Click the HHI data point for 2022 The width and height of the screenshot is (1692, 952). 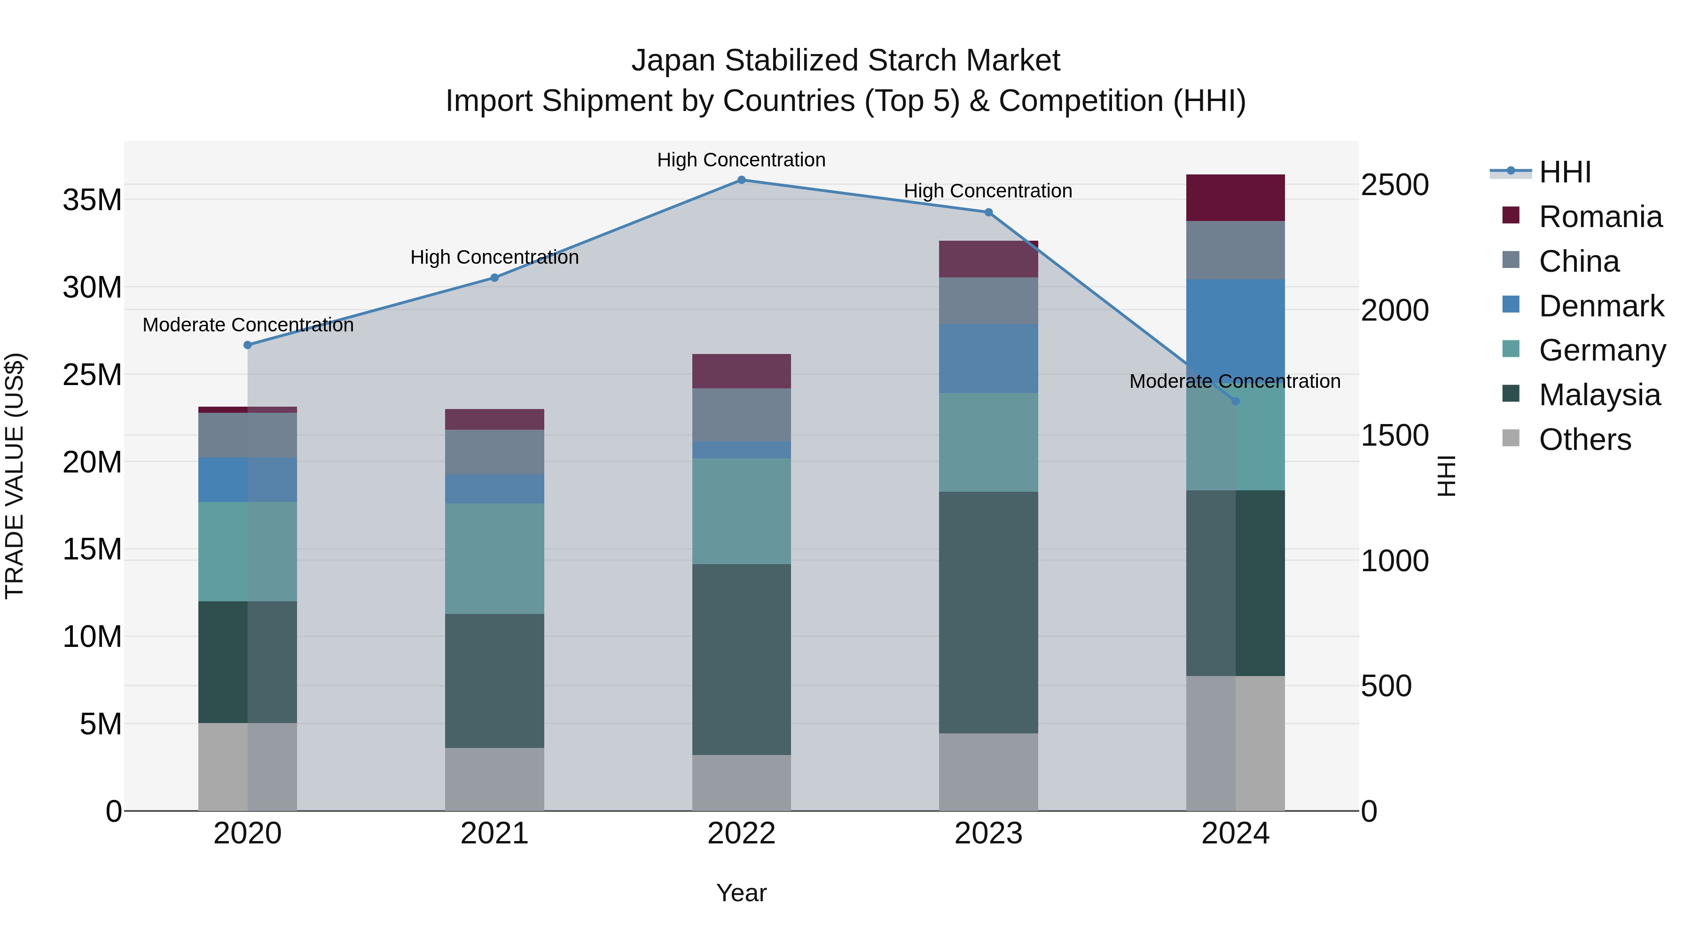tap(742, 180)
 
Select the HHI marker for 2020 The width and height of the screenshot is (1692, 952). tap(248, 345)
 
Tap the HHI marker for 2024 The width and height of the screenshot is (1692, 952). tap(1236, 401)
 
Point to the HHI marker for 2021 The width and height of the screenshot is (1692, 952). tap(494, 278)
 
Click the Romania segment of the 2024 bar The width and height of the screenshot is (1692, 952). tap(1236, 198)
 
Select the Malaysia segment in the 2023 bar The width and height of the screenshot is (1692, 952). tap(988, 612)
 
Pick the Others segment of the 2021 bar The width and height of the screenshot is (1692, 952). tap(494, 779)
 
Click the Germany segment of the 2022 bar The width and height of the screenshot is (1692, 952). tap(742, 511)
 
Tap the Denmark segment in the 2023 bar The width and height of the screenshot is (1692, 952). tap(988, 358)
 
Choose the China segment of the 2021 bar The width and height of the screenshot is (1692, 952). tap(494, 452)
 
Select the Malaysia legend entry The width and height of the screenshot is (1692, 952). tap(1599, 395)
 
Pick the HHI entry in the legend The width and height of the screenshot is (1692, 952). tap(1565, 172)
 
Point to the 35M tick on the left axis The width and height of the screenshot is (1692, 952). tap(92, 200)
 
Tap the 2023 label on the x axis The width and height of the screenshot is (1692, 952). tap(988, 834)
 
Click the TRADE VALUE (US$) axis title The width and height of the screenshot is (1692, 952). tap(15, 476)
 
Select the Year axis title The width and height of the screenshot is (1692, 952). tap(742, 893)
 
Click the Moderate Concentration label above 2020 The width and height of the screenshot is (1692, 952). tap(248, 325)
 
